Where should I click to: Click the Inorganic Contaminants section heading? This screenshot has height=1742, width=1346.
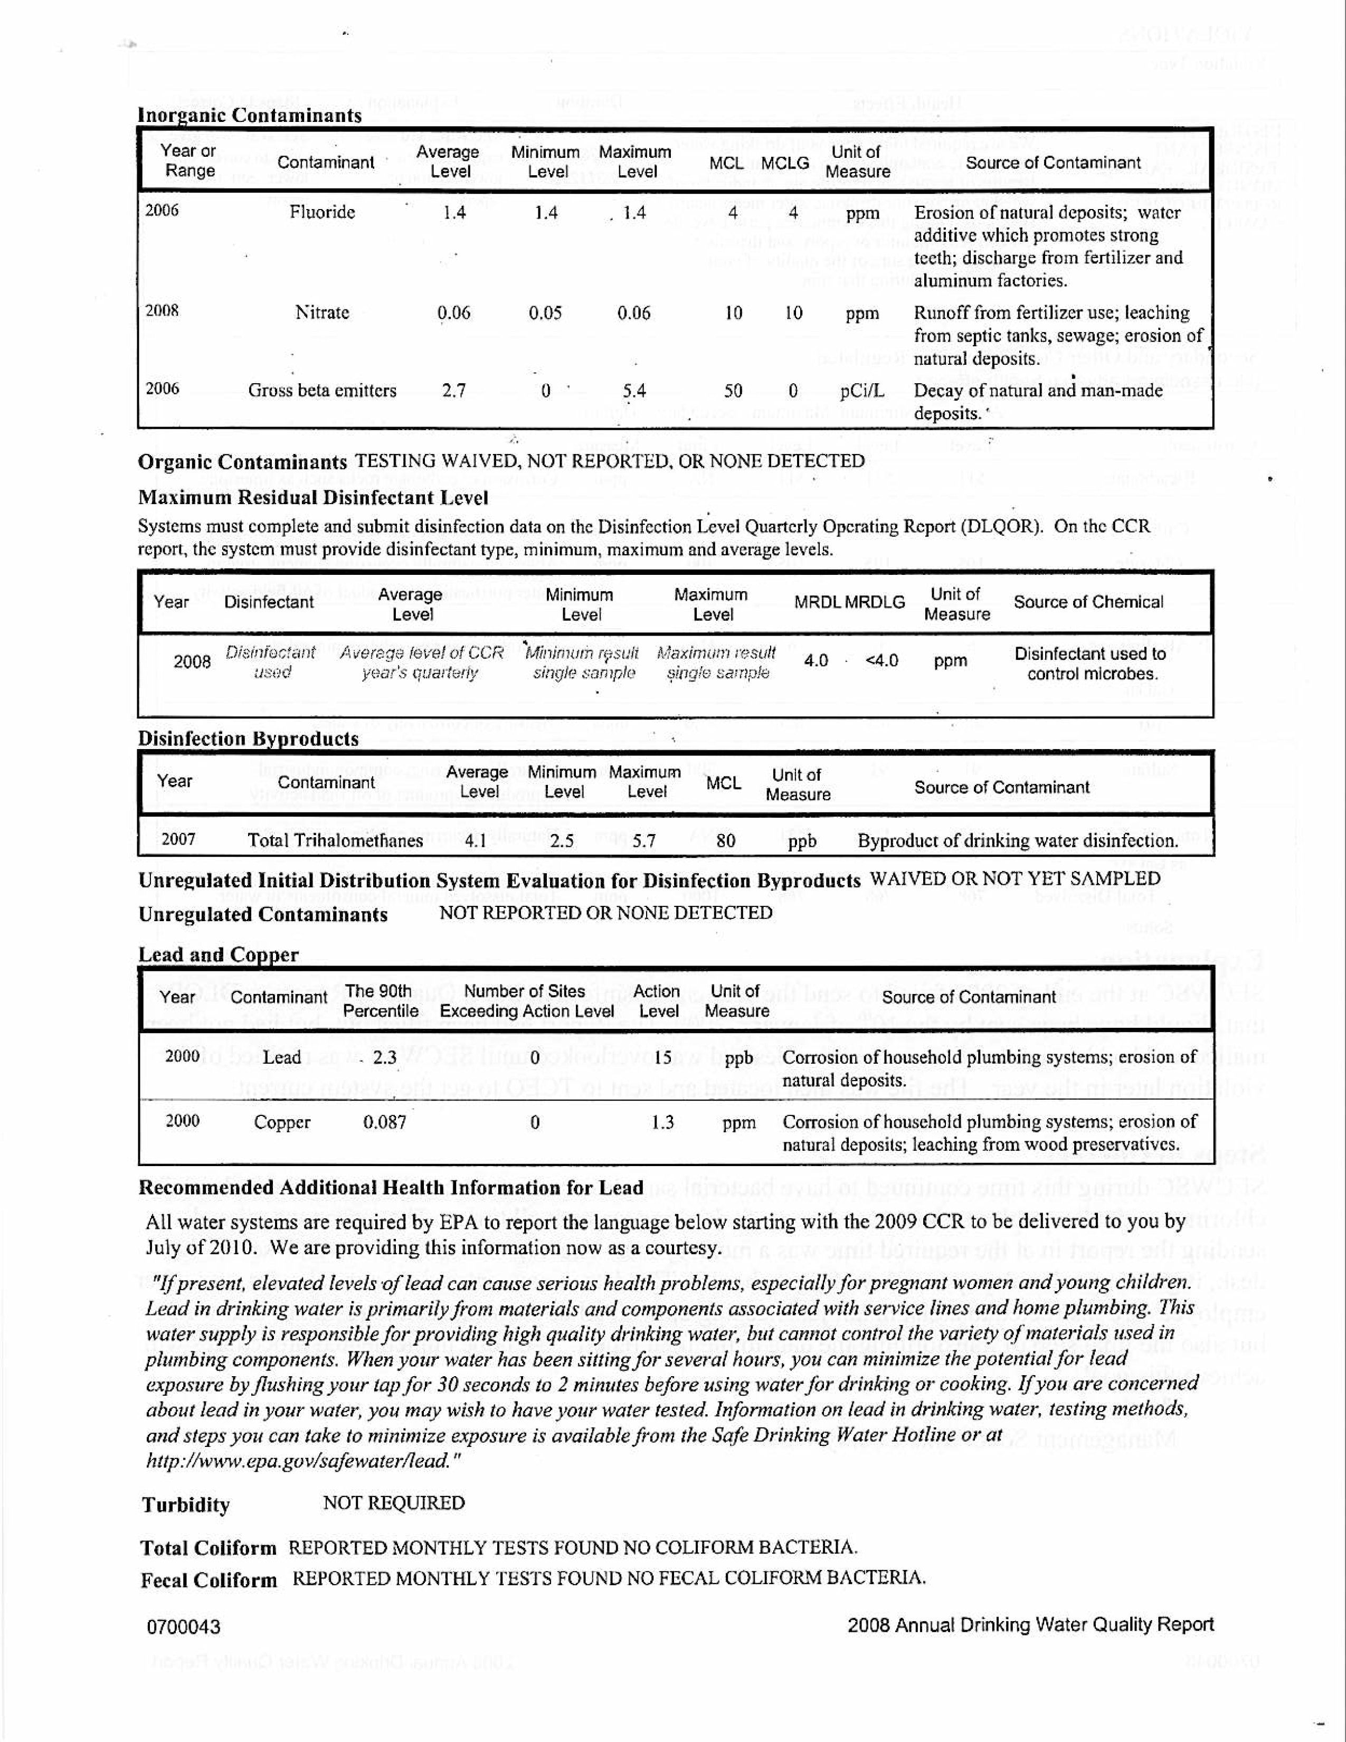250,116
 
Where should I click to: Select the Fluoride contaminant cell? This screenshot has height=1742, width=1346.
322,212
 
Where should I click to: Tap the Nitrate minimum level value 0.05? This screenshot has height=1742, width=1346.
545,313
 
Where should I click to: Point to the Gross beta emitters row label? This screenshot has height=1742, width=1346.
322,391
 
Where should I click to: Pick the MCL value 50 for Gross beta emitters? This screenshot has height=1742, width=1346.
733,391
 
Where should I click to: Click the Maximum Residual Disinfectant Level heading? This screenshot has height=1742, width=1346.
312,498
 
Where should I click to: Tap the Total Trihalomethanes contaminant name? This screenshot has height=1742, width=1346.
335,841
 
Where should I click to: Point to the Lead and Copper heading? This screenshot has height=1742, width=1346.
219,955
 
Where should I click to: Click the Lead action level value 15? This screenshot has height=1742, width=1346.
662,1058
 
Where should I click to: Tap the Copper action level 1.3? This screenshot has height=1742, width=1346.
662,1122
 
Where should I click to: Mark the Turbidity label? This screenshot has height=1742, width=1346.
186,1505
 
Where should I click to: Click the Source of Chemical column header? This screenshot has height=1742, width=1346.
1088,602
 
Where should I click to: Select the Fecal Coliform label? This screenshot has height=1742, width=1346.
209,1580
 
